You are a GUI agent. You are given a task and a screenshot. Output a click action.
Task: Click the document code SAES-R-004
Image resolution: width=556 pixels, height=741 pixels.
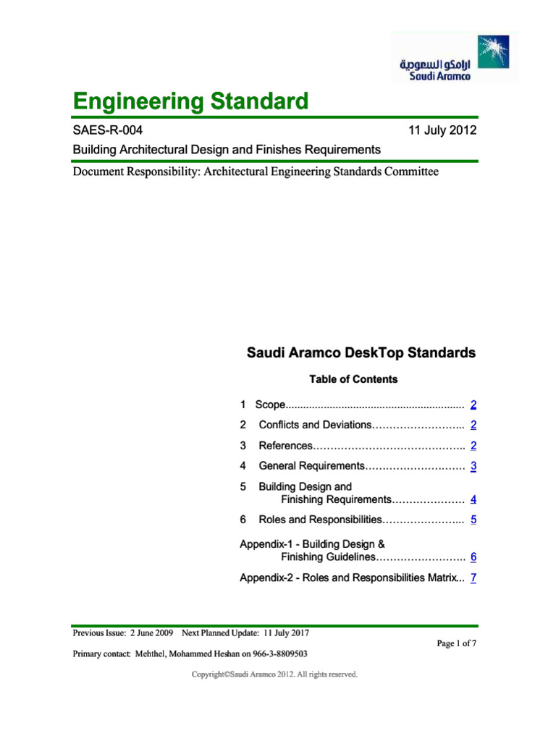[x=108, y=130]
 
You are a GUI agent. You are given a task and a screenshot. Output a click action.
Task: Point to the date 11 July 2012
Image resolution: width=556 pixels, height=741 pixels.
[x=442, y=130]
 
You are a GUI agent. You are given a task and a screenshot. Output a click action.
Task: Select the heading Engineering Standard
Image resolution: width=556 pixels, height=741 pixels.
[x=190, y=101]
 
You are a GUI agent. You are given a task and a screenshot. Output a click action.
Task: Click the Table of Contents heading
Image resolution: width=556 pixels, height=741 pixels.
[x=353, y=379]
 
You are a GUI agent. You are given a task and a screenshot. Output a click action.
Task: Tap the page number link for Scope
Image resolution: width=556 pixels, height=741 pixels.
[x=473, y=405]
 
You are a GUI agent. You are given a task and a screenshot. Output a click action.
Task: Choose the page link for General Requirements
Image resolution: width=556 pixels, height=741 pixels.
[x=473, y=467]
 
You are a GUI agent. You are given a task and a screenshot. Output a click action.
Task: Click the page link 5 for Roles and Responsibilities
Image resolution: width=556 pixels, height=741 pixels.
[x=473, y=520]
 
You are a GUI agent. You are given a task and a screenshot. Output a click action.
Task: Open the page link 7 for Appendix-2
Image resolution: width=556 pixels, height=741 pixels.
[x=473, y=578]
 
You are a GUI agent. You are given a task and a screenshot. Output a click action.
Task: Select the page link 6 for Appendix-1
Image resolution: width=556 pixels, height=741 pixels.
[x=473, y=558]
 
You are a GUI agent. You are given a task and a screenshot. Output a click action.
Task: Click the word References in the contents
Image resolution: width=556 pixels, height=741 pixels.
[x=285, y=446]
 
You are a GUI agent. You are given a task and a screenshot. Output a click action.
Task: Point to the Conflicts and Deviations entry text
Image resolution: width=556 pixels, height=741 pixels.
[x=314, y=425]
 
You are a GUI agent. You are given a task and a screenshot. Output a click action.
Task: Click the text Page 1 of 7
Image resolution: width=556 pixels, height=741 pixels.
[x=455, y=643]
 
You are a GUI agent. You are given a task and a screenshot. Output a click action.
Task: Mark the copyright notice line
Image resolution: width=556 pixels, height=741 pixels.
[x=274, y=674]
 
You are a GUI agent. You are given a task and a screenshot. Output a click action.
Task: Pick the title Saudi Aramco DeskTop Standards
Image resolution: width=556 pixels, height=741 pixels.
[x=361, y=353]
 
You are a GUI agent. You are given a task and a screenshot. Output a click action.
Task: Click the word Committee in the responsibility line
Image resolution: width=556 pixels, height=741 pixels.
[x=405, y=172]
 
